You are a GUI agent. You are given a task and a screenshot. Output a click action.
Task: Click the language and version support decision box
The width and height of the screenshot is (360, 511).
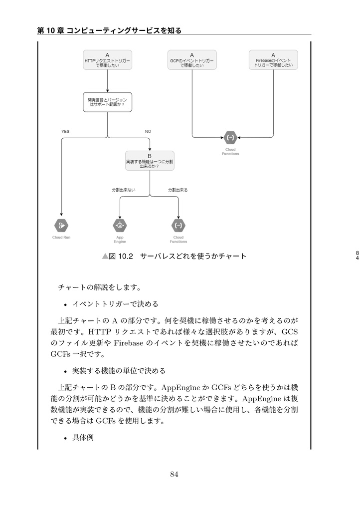(107, 102)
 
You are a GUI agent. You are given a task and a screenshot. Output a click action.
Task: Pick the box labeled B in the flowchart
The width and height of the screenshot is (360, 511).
(150, 161)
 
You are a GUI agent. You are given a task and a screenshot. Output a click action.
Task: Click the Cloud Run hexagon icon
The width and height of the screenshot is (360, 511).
(61, 226)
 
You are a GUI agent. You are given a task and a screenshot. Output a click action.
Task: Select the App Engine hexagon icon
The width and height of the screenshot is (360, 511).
(120, 226)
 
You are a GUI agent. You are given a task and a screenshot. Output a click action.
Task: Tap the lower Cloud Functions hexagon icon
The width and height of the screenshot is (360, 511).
(178, 226)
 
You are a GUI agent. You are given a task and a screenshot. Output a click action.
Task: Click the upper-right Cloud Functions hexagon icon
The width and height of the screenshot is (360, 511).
(230, 137)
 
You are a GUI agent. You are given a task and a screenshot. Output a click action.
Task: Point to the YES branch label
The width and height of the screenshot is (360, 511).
(65, 131)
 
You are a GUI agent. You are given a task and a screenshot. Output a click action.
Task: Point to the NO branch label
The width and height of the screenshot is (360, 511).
(148, 131)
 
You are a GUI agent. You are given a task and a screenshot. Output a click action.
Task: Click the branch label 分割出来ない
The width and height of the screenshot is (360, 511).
(123, 190)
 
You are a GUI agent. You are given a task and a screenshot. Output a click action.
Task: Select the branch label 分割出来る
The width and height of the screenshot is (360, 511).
(178, 190)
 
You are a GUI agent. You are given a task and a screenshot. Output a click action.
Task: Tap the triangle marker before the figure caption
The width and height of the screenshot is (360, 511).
(105, 256)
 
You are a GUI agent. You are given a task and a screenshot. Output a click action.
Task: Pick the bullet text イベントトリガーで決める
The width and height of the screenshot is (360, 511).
(116, 304)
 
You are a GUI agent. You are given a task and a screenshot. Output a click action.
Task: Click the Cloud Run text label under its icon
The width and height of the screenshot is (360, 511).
(61, 238)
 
